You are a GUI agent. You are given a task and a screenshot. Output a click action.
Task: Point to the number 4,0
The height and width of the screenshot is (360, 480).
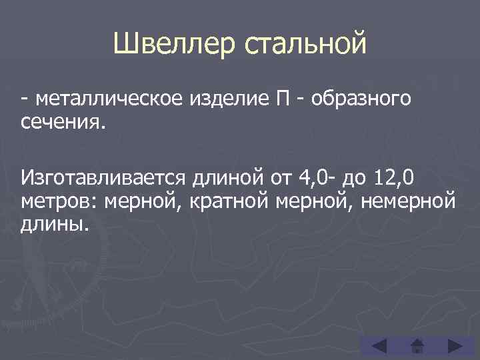point(314,179)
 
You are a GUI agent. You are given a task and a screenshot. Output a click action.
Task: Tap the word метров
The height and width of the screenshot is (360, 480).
point(60,201)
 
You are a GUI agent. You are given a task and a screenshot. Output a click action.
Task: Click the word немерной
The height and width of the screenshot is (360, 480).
point(411,201)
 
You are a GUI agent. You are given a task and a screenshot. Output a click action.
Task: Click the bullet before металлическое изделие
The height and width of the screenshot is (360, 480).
point(24,100)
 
